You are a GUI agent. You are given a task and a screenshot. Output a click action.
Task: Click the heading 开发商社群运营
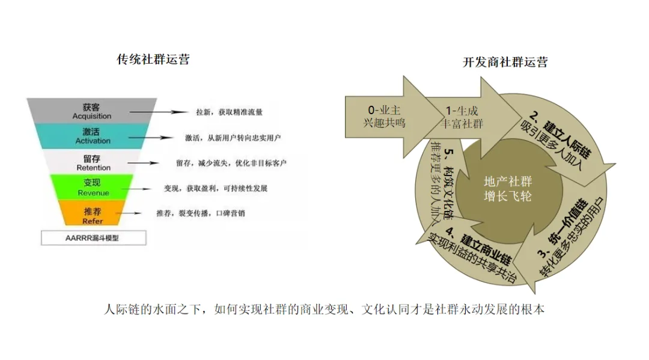(x=505, y=62)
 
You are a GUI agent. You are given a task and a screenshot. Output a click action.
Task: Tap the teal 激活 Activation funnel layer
(x=93, y=136)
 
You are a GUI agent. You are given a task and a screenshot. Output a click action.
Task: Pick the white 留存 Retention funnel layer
(x=93, y=163)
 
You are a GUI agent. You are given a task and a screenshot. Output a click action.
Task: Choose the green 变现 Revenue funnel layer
(x=93, y=188)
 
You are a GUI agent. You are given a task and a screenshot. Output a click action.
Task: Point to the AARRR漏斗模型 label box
(x=93, y=238)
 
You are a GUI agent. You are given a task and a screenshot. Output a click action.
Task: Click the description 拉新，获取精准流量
(x=230, y=112)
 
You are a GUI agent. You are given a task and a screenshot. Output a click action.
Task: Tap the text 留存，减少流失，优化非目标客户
(x=231, y=163)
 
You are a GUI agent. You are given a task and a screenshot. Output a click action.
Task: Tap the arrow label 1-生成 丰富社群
(x=462, y=117)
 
